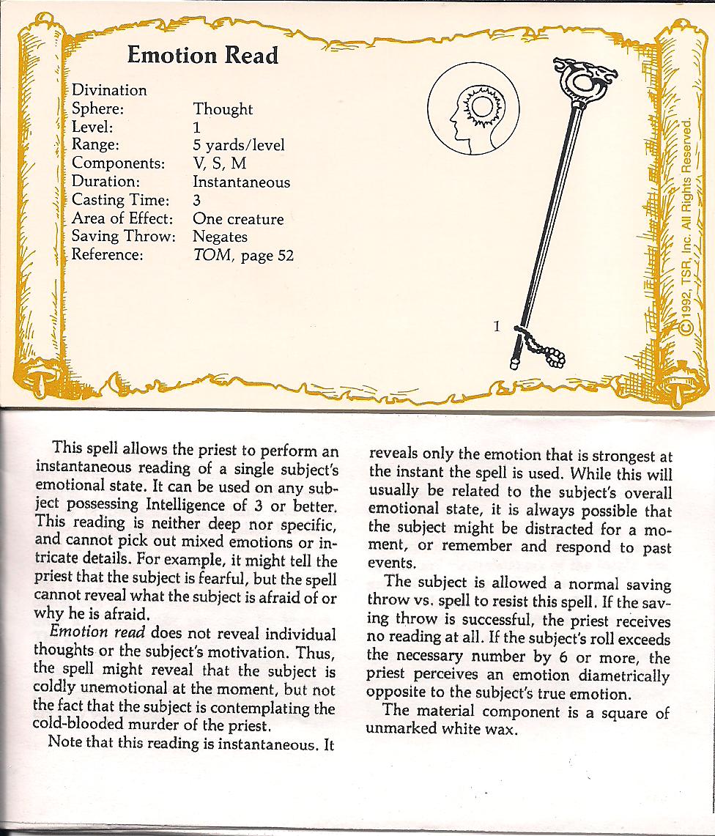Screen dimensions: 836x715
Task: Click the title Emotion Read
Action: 202,55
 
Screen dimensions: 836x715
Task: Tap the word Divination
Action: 109,90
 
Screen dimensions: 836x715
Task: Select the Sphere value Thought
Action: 223,109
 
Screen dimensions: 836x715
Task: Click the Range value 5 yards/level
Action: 238,145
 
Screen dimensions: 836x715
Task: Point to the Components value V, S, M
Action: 220,163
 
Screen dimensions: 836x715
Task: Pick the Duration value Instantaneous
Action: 241,182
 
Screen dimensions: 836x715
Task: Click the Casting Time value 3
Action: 198,200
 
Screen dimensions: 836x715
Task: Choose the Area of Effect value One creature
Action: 237,218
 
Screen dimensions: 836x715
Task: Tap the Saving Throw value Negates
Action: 220,237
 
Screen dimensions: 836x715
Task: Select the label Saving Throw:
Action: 123,237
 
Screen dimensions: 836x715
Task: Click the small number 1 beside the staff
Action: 496,327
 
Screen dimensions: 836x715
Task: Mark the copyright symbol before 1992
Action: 685,328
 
